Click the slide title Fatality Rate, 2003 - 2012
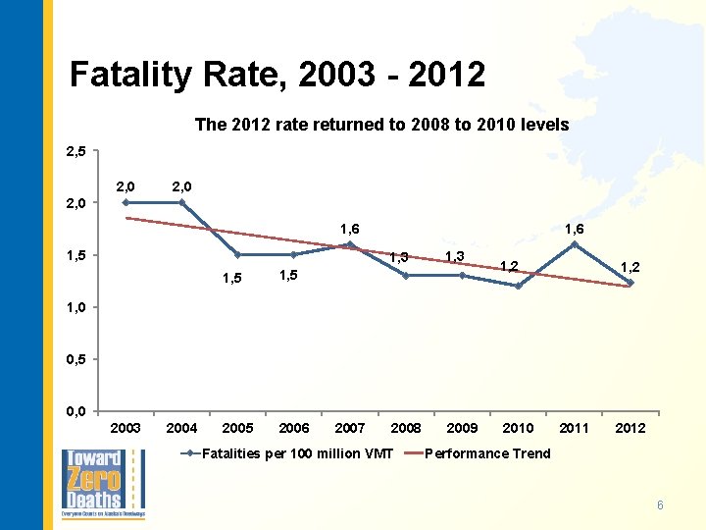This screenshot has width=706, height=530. point(277,75)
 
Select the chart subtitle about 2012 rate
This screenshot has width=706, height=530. point(381,126)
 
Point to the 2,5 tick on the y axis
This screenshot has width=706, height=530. point(76,152)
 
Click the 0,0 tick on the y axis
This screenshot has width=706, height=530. point(76,410)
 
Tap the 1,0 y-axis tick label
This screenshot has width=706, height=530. point(76,307)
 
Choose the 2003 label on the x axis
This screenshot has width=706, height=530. point(126,428)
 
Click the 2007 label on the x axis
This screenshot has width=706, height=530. point(350,428)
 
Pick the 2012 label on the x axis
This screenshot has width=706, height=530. point(630,428)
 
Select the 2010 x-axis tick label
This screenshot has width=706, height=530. point(518,428)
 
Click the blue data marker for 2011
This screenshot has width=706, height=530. point(575,244)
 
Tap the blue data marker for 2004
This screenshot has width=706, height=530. point(181,203)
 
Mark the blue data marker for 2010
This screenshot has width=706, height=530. point(518,286)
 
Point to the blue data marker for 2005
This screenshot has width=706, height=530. point(238,255)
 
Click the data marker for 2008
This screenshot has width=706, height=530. point(406,276)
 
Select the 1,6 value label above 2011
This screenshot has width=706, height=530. point(575,228)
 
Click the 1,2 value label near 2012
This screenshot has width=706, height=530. point(630,266)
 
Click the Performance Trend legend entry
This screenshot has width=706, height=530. point(487,453)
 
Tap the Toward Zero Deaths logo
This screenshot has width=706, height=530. point(103,484)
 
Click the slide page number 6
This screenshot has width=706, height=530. point(660,505)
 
